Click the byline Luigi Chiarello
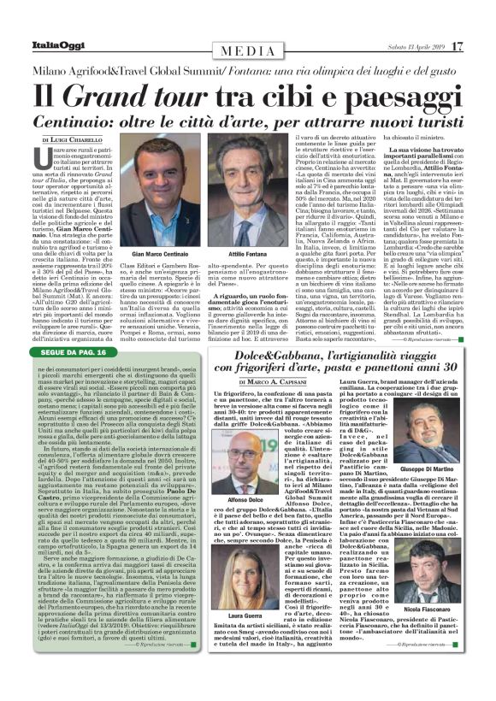pyautogui.click(x=74, y=138)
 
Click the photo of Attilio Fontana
pyautogui.click(x=254, y=180)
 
